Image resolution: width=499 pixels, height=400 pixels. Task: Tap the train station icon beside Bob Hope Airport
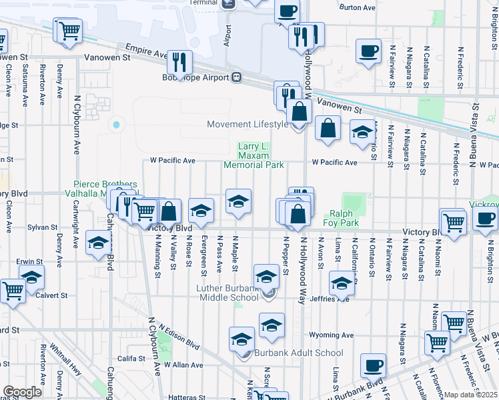coord(236,77)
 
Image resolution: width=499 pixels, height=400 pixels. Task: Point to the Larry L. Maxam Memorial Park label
coord(254,155)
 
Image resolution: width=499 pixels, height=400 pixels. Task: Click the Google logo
coord(22,392)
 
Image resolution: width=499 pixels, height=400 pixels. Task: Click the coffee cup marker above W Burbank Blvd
coord(373,366)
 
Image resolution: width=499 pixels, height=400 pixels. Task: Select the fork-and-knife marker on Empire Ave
coord(178,63)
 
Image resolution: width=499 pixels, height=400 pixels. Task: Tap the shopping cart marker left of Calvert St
coord(12,291)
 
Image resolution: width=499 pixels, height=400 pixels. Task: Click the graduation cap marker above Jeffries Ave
coord(341,285)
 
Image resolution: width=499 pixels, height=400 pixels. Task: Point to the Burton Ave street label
coord(358,8)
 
